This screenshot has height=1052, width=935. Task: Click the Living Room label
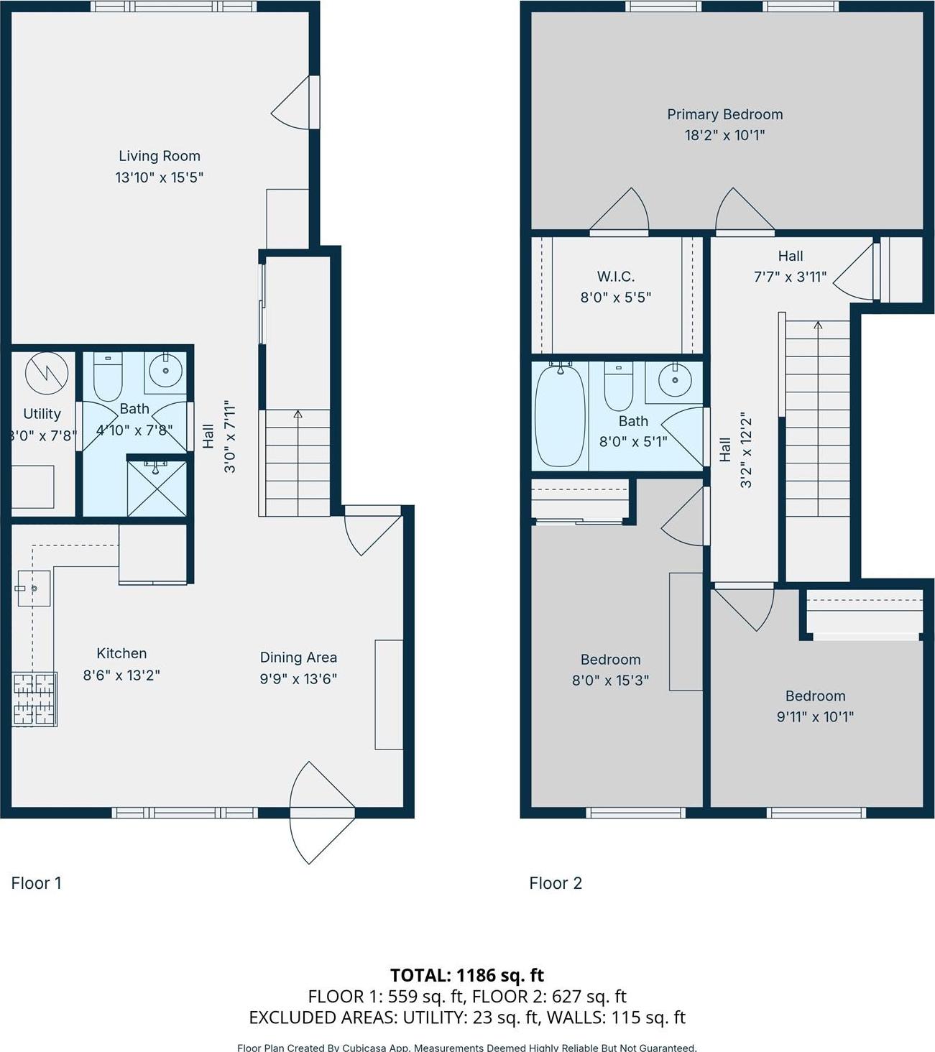point(159,156)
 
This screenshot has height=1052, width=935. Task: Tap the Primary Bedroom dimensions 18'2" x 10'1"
point(724,135)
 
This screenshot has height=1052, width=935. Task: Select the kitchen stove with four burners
point(34,698)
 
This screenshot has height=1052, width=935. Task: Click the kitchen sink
point(33,589)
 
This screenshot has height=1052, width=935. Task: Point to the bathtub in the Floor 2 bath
point(559,415)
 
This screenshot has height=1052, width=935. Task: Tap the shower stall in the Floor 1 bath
point(157,488)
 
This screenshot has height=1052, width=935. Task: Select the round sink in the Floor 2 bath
point(674,381)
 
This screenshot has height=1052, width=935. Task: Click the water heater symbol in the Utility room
point(47,373)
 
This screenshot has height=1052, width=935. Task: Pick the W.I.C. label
point(616,277)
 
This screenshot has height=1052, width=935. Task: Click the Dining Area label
point(298,657)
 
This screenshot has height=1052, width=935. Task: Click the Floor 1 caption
point(37,883)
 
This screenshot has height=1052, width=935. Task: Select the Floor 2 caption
point(556,883)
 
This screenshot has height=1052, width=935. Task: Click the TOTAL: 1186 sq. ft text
point(467,975)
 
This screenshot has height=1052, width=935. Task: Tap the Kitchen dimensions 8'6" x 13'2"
point(121,675)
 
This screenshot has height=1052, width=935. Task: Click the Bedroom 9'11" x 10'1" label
point(815,696)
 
